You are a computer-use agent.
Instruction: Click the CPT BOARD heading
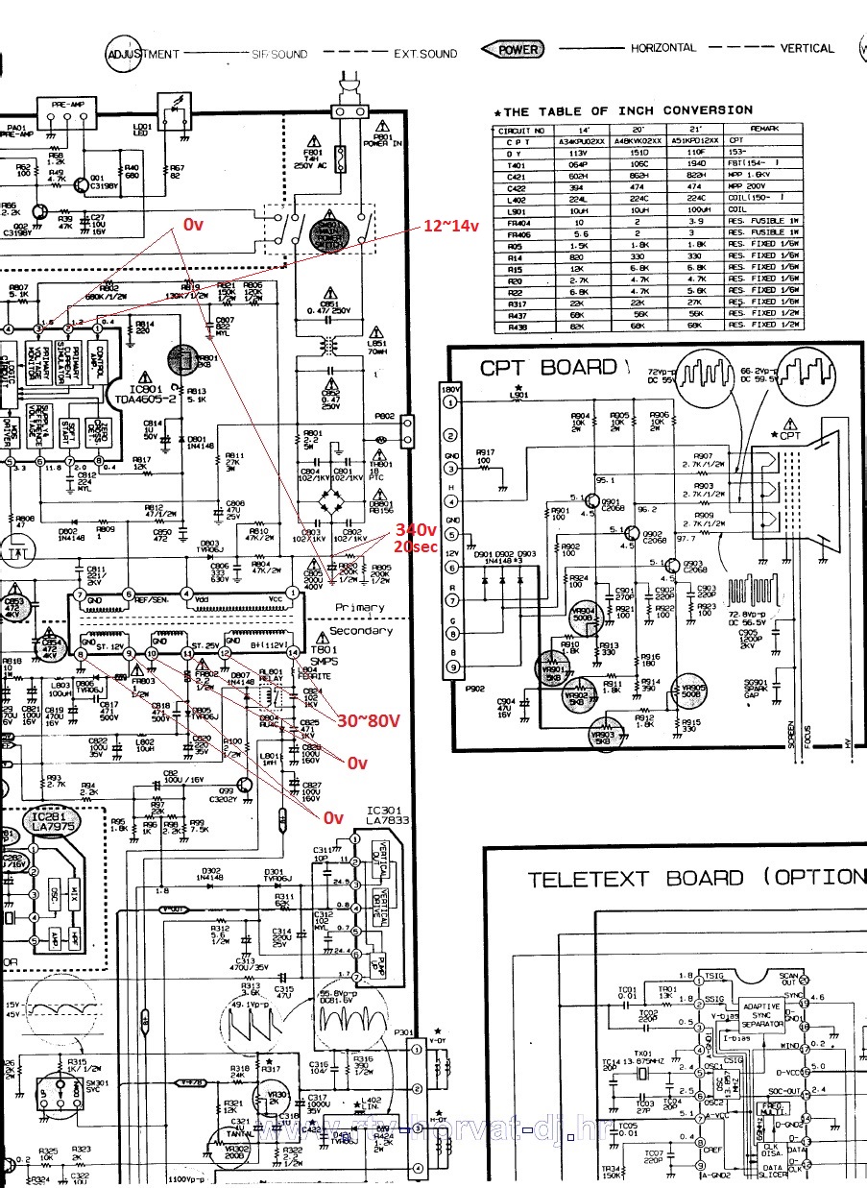(x=548, y=367)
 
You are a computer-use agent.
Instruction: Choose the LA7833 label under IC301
(x=388, y=819)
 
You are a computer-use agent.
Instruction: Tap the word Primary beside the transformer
(x=360, y=607)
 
